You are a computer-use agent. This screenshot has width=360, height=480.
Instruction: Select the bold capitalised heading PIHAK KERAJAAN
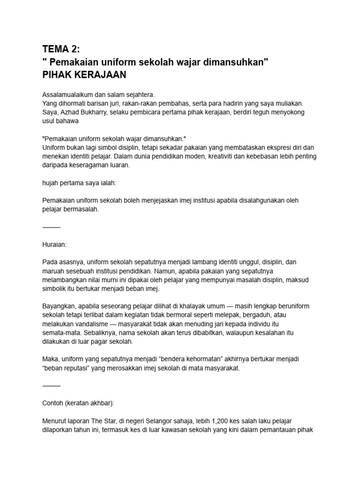84,75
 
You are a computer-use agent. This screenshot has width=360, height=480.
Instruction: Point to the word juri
123,103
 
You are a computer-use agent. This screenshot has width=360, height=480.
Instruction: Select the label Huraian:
54,245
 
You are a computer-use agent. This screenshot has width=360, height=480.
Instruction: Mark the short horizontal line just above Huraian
52,227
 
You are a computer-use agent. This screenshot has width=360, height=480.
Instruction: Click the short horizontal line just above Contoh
52,385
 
